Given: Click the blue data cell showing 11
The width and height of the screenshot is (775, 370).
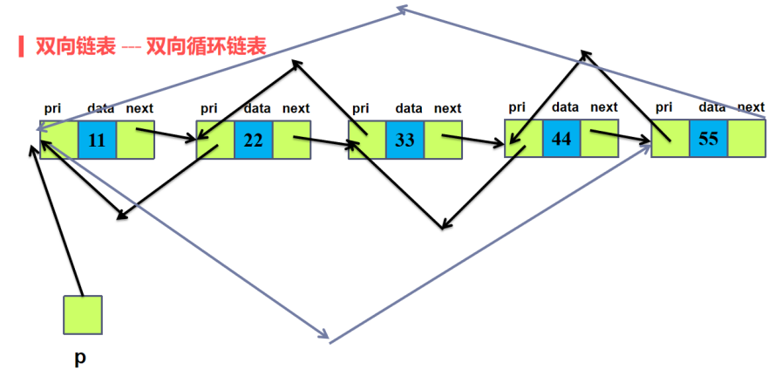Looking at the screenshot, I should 97,140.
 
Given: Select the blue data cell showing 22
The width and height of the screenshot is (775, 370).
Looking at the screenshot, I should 253,140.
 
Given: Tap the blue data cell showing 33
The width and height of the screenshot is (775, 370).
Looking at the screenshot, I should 404,140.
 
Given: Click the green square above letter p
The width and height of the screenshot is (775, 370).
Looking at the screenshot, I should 83,315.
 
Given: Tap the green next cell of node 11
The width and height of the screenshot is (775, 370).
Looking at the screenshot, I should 135,140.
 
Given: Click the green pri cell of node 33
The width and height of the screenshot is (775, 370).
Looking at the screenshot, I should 366,140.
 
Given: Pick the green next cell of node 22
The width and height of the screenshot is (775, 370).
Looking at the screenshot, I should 292,140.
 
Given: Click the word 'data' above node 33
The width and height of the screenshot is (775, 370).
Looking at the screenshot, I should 408,108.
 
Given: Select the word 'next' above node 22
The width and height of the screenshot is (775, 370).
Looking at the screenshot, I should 296,108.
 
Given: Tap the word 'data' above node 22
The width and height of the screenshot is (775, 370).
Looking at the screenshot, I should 257,108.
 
